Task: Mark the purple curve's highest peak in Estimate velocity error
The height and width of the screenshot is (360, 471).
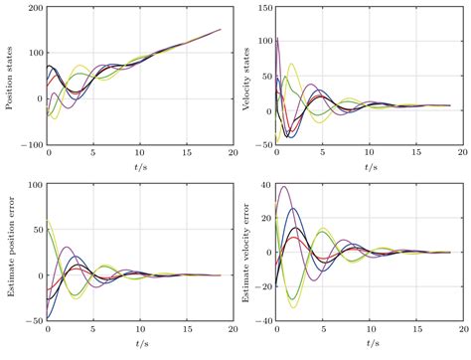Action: coord(284,187)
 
